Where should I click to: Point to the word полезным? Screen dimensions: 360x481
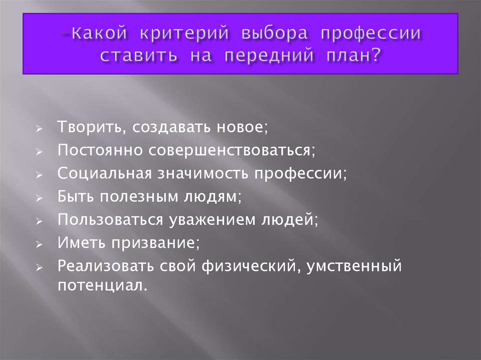pos(135,196)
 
